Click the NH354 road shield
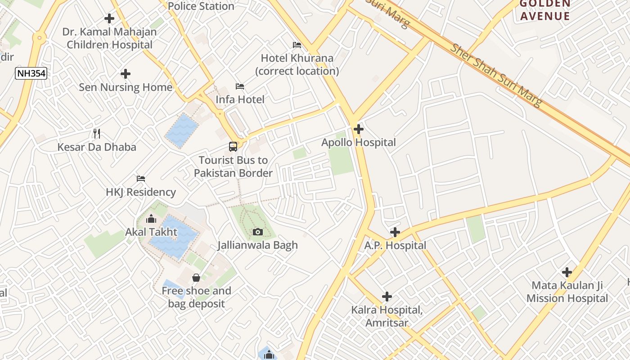coord(31,73)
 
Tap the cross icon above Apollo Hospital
coord(359,130)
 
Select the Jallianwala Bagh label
coord(257,245)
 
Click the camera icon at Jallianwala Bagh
coord(258,232)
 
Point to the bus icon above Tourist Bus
coord(233,147)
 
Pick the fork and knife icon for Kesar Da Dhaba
coord(97,134)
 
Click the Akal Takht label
coord(151,232)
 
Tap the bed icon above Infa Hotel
coord(240,86)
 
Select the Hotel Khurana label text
coord(297,64)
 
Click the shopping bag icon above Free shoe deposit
coord(196,278)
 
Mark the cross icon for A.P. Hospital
coord(395,232)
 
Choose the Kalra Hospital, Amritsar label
coord(387,316)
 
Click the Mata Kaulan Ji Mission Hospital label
coord(567,292)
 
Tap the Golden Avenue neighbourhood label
coord(544,10)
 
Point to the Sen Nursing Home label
coord(126,87)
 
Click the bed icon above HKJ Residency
coord(141,179)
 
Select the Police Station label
coord(201,6)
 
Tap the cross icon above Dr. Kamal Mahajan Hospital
coord(109,18)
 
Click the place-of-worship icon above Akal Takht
coord(151,219)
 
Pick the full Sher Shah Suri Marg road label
coord(496,75)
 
